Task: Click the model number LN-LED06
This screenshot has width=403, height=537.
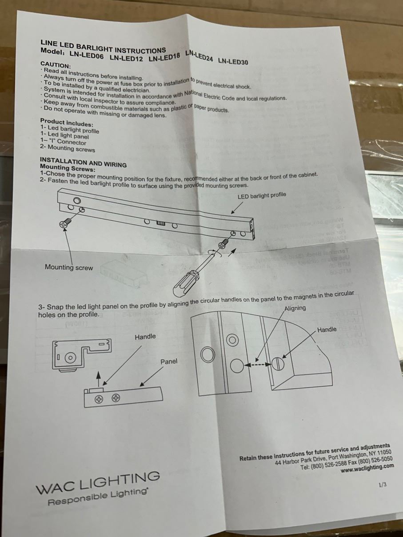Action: (87, 56)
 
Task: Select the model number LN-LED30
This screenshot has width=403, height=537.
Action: (233, 61)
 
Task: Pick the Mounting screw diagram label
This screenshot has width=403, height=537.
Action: (69, 267)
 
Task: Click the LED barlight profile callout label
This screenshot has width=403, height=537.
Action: (262, 195)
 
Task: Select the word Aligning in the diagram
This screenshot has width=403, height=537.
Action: (295, 308)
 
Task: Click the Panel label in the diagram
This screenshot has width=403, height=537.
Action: (169, 362)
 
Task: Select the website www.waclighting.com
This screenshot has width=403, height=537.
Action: (367, 467)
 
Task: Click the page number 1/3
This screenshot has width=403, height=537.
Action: (383, 485)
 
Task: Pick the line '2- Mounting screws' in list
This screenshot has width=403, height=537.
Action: (68, 148)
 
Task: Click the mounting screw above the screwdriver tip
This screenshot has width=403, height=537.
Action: (224, 244)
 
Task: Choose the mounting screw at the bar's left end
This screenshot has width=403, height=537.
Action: (65, 223)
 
